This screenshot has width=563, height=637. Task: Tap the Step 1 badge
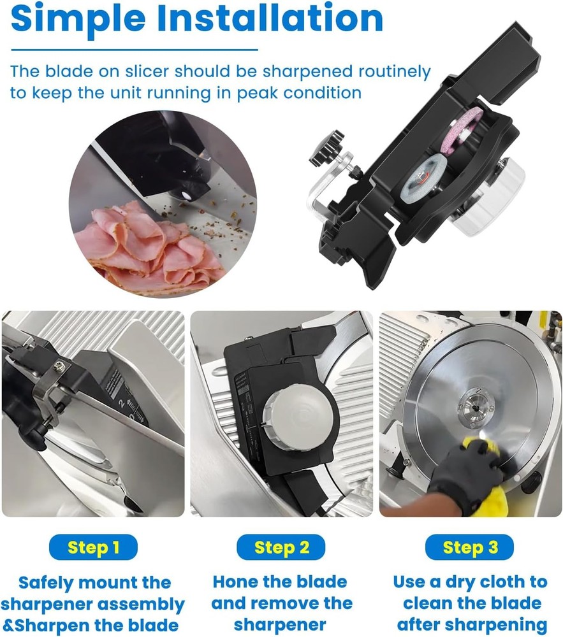[x=93, y=547]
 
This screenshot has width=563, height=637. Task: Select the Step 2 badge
[x=281, y=547]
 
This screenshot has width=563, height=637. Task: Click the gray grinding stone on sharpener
[x=423, y=180]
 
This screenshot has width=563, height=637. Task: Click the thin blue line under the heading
[x=134, y=50]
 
